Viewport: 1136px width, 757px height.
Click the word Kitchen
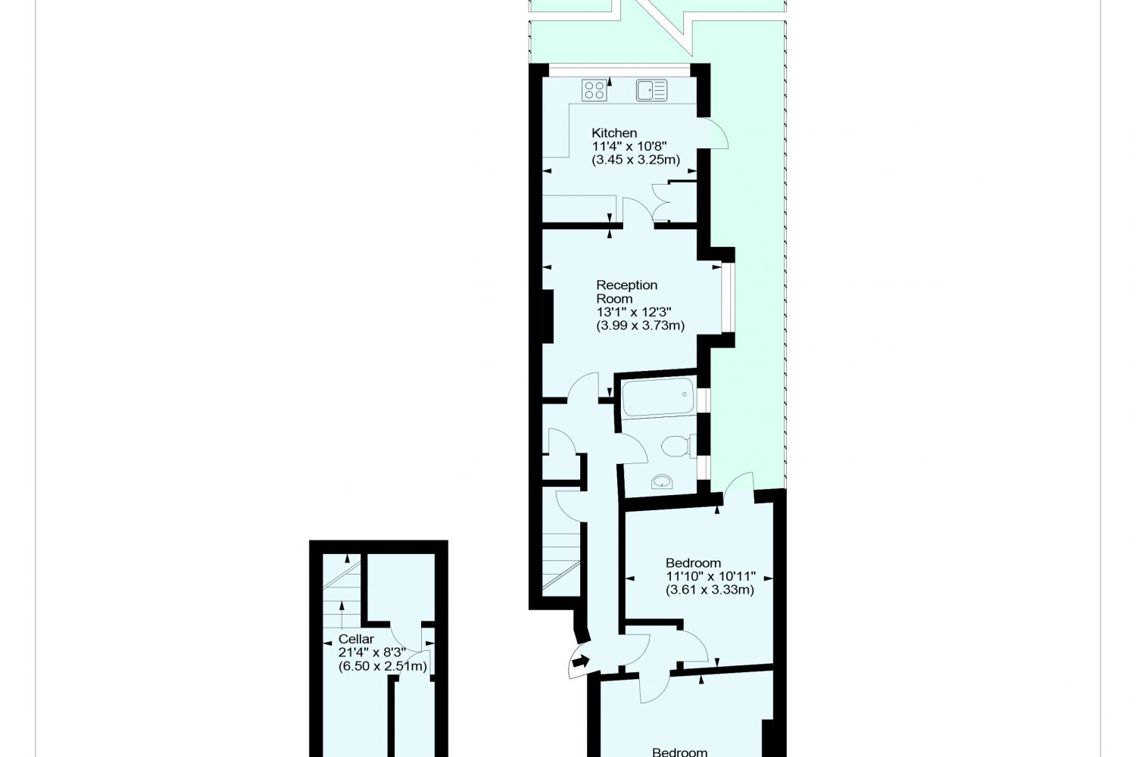(x=614, y=132)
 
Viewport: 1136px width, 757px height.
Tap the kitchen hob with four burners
(x=594, y=90)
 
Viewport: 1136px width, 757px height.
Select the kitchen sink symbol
(x=651, y=90)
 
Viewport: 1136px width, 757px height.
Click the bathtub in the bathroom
(x=658, y=397)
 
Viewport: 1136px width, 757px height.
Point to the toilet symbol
(x=675, y=447)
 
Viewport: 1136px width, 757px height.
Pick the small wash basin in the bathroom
(x=662, y=481)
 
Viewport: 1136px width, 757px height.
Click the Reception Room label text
(x=627, y=291)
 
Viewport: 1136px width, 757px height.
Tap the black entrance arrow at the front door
(x=581, y=661)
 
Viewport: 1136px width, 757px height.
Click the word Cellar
(x=356, y=639)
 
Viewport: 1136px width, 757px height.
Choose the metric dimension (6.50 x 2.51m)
(x=382, y=665)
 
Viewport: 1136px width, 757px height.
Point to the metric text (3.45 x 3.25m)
(x=636, y=160)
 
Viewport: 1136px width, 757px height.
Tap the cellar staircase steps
(x=342, y=598)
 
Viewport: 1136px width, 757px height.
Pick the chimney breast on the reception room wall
(x=548, y=316)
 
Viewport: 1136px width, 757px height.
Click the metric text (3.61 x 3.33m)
(x=710, y=590)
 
